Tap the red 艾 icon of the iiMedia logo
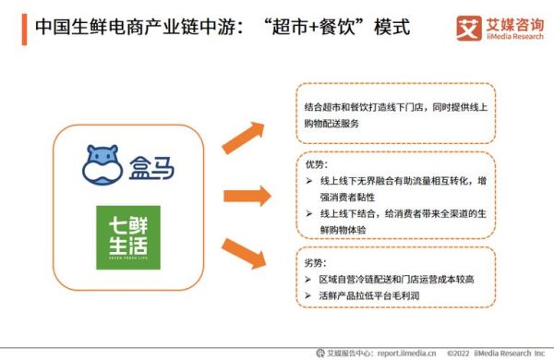(468, 27)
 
